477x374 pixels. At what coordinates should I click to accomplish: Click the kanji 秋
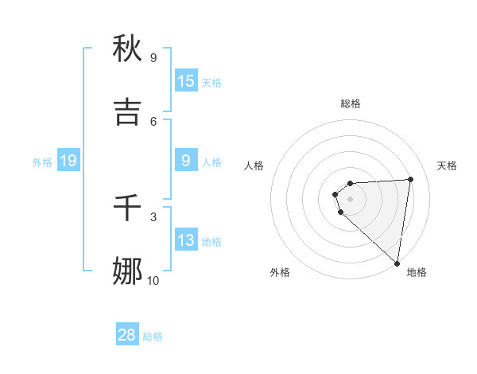128,49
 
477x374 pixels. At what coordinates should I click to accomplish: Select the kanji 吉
128,112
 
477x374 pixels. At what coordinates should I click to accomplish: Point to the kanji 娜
128,271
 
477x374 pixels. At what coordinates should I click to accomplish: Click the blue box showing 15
186,81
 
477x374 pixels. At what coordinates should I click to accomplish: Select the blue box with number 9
186,161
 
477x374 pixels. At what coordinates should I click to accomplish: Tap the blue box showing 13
186,240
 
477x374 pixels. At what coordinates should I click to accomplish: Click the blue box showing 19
68,161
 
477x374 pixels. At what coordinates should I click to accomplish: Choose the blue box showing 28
127,335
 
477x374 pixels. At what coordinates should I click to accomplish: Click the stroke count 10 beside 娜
153,280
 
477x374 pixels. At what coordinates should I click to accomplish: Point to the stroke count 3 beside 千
153,216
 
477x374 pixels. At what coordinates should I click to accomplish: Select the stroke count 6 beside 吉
153,121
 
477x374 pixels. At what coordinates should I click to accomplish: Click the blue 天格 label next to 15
211,83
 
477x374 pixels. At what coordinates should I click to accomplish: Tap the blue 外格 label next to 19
42,162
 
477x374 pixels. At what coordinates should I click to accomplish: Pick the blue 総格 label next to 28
153,337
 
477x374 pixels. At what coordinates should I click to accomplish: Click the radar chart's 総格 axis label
351,103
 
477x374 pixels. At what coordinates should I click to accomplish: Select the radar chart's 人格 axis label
254,166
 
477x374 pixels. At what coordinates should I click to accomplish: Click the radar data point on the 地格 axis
397,263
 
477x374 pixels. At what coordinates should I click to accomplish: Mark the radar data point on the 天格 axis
410,179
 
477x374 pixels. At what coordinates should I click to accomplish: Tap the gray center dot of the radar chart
351,198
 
